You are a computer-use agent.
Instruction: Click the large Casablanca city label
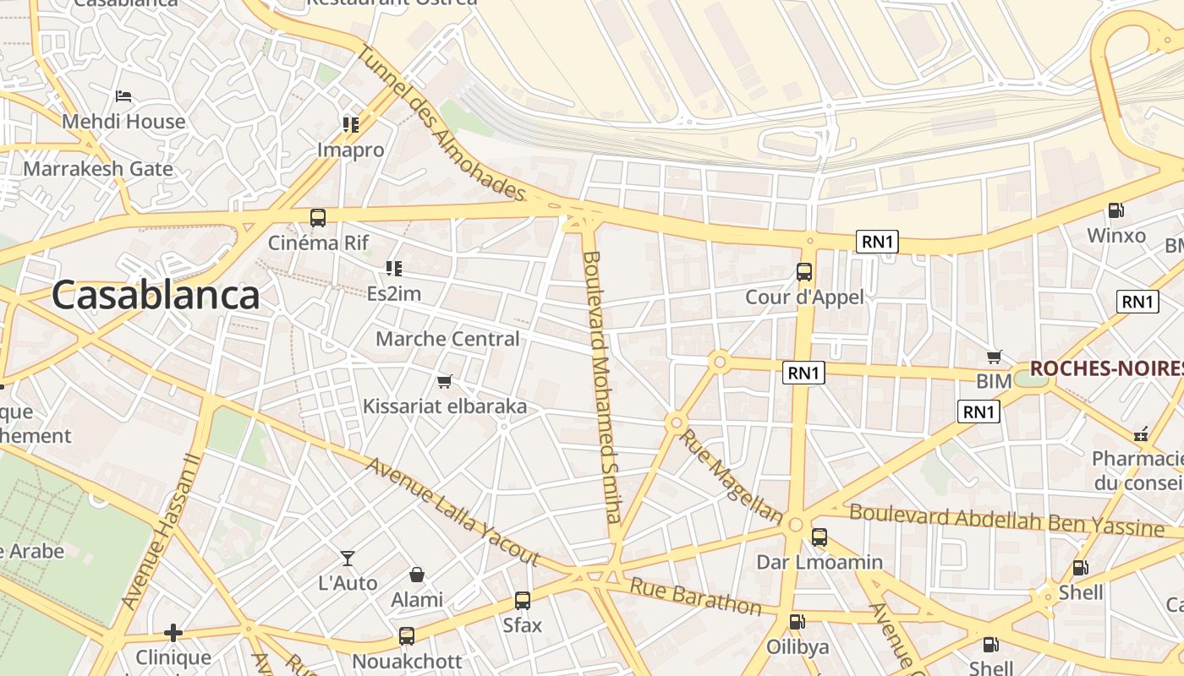click(156, 295)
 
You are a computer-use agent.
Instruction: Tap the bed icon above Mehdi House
click(123, 96)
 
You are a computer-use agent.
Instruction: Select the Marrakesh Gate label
click(98, 168)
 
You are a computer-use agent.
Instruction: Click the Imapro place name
click(350, 150)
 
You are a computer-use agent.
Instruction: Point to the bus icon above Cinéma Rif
click(318, 218)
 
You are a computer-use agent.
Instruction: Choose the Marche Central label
click(447, 339)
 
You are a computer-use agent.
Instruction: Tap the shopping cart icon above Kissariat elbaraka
click(445, 382)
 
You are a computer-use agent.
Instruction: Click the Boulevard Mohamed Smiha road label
click(604, 386)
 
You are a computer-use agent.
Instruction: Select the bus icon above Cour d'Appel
click(804, 272)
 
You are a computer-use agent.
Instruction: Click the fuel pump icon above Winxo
click(1116, 210)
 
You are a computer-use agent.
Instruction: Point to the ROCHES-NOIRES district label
click(1106, 368)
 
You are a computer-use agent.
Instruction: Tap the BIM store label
click(994, 381)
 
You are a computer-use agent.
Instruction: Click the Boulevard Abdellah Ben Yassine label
click(1006, 520)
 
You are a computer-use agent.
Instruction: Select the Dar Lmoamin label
click(819, 562)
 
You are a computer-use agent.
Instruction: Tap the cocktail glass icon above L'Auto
click(348, 559)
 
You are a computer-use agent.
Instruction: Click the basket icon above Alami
click(417, 575)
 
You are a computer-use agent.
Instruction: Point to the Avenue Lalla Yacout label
click(452, 511)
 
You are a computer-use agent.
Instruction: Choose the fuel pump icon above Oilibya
click(797, 622)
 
